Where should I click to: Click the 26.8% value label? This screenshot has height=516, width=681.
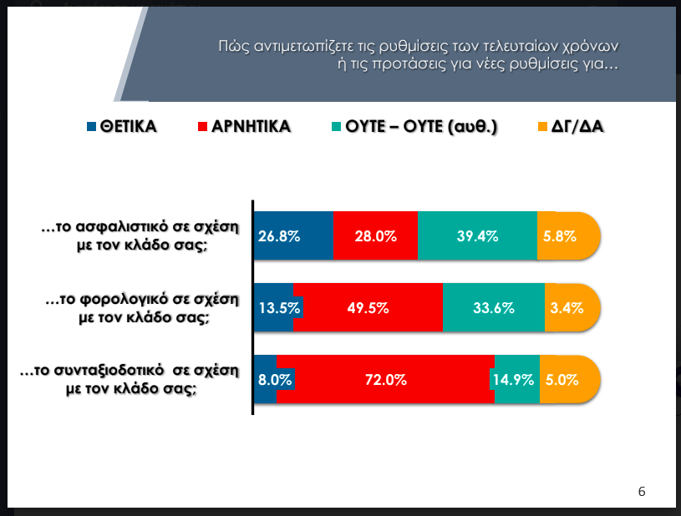point(279,236)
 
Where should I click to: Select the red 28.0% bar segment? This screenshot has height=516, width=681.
point(375,236)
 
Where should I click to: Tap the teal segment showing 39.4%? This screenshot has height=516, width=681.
point(477,236)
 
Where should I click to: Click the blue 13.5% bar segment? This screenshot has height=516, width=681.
point(273,308)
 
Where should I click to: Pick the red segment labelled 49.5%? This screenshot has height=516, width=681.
point(368,308)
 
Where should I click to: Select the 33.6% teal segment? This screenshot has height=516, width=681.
point(493,308)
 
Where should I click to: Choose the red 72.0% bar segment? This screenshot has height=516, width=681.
point(385,379)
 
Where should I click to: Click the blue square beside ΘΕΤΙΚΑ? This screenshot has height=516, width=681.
point(92,128)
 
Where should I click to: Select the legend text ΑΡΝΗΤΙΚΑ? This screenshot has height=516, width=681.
point(251,128)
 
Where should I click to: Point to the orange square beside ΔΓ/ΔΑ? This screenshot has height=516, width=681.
point(542,128)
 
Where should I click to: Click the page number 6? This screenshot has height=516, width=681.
point(642,491)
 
